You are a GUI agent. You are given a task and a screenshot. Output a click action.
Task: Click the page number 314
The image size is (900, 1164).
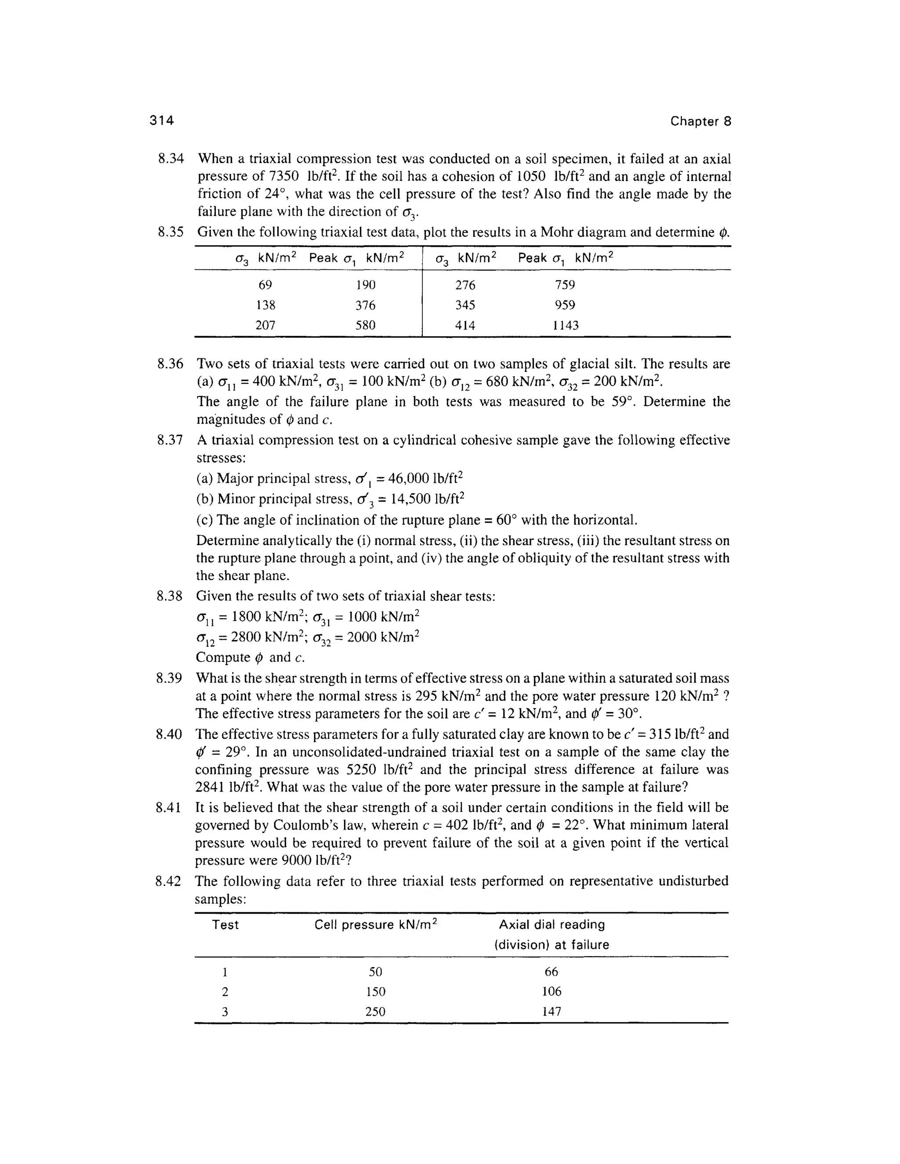162,121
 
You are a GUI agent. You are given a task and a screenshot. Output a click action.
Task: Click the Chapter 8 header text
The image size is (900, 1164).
700,122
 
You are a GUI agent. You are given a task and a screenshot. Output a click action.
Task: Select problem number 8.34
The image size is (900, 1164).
171,159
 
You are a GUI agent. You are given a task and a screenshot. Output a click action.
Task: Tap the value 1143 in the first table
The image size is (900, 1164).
565,325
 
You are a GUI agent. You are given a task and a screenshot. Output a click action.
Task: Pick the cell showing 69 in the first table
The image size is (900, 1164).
265,285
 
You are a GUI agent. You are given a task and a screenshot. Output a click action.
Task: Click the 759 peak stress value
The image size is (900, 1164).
565,285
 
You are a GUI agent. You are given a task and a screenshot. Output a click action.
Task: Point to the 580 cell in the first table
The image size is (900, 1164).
366,325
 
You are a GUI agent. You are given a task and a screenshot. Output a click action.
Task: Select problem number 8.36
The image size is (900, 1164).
170,364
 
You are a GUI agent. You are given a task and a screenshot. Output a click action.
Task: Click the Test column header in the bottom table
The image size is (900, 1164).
225,925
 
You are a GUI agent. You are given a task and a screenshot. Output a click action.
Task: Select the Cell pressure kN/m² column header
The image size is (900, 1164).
375,925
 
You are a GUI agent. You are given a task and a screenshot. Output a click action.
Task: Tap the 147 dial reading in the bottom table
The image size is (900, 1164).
552,1012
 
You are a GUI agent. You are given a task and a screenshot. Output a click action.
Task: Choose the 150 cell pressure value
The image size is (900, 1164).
375,991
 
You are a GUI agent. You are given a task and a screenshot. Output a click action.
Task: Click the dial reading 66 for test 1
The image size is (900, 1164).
552,972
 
